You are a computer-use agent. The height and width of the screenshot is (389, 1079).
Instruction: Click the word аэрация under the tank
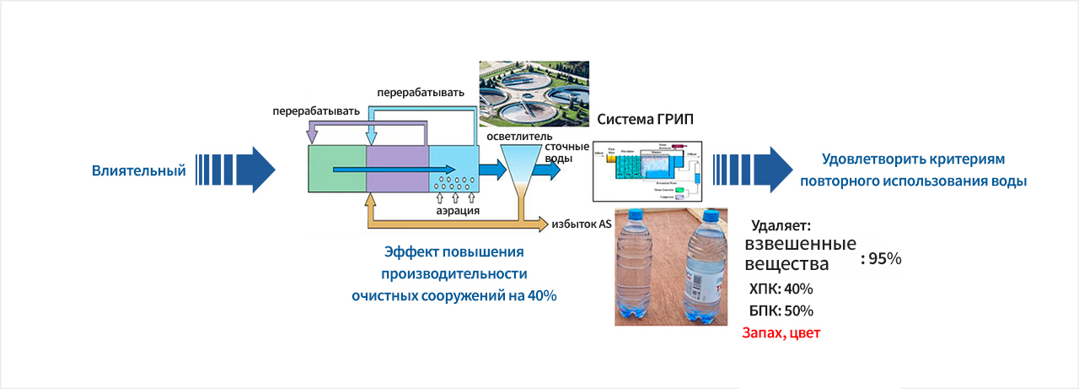pos(459,211)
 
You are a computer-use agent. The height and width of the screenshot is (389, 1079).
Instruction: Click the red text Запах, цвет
pos(781,332)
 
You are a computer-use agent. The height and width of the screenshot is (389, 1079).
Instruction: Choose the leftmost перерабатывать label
pos(316,111)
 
